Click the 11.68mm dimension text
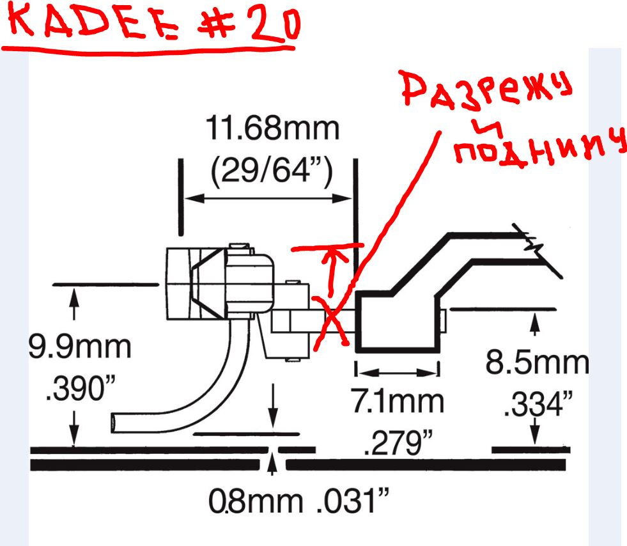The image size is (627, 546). (272, 129)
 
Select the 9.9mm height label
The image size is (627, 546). (80, 347)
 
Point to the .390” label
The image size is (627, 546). (81, 388)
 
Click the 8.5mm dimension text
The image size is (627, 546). (538, 363)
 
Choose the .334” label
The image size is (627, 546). (538, 405)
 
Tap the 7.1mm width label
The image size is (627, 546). (398, 402)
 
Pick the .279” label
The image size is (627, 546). (399, 442)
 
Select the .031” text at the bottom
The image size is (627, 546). (353, 500)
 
